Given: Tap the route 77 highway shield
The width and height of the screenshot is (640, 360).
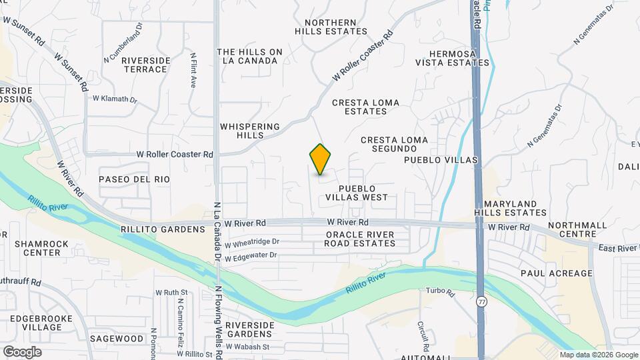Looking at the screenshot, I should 481,302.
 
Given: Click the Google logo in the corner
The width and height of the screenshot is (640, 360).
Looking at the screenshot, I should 22,352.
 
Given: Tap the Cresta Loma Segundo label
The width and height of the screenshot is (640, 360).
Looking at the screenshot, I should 393,145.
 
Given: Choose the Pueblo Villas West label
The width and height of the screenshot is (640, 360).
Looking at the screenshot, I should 357,193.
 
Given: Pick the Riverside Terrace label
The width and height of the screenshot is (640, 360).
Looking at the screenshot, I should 145,65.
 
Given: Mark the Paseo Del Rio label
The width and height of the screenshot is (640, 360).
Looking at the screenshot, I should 134,179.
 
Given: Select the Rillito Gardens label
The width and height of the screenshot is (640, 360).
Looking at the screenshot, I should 163,229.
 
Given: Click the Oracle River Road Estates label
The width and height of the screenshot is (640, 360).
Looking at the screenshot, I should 360,239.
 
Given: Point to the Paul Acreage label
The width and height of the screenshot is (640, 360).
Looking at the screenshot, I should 557,273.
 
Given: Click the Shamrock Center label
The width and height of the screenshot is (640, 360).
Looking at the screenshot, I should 41,248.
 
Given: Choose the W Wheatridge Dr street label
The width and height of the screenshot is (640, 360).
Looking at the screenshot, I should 252,242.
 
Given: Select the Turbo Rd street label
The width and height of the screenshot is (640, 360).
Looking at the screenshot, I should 440,292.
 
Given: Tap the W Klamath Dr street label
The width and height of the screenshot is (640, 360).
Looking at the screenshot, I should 114,99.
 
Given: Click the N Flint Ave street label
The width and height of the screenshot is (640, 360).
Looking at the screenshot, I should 193,71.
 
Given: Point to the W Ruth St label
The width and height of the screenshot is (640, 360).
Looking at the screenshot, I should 171,292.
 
